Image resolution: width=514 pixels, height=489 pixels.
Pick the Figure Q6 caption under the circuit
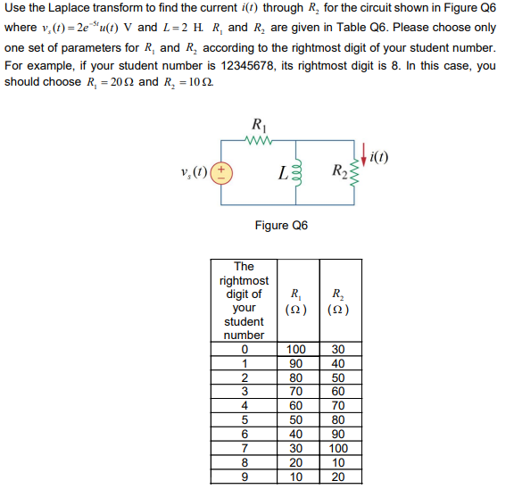pyautogui.click(x=281, y=226)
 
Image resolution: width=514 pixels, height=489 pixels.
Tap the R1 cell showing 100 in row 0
pyautogui.click(x=295, y=349)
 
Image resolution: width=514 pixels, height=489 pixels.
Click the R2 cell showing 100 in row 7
pyautogui.click(x=336, y=449)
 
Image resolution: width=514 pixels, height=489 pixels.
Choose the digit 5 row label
pyautogui.click(x=244, y=420)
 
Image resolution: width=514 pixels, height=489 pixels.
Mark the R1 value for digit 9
pyautogui.click(x=295, y=477)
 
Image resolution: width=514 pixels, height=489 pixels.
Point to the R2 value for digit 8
pyautogui.click(x=336, y=463)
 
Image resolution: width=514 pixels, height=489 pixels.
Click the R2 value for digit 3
pyautogui.click(x=336, y=392)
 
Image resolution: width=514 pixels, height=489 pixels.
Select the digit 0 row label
pyautogui.click(x=244, y=349)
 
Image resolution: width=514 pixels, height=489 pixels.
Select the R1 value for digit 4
pyautogui.click(x=295, y=406)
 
